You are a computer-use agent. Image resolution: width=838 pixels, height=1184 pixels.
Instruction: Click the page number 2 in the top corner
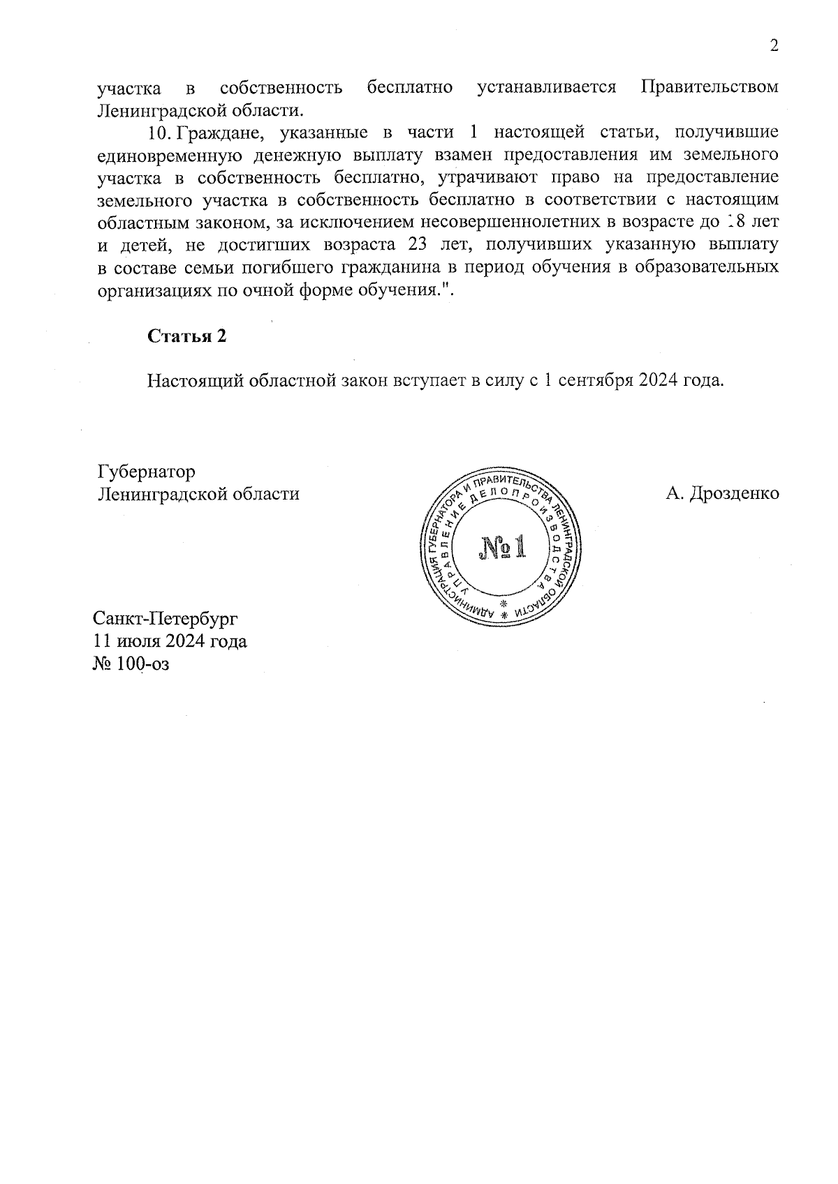pyautogui.click(x=773, y=46)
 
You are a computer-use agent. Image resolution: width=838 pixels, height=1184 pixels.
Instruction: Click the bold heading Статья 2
pyautogui.click(x=186, y=336)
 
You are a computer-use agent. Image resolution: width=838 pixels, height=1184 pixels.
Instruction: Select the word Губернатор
pyautogui.click(x=146, y=472)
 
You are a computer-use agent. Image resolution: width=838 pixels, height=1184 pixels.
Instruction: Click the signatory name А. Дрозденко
pyautogui.click(x=722, y=493)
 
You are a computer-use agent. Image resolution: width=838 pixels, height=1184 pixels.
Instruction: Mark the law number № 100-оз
pyautogui.click(x=131, y=663)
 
